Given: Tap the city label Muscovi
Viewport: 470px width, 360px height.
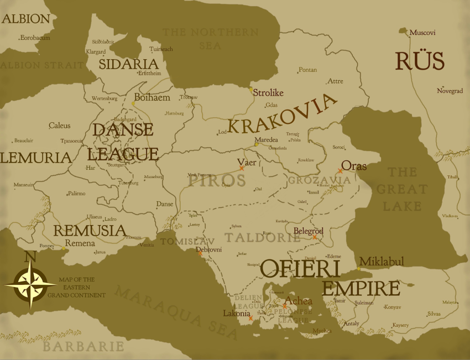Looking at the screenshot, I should [422, 33].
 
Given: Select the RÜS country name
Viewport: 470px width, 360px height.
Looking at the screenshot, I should [420, 61].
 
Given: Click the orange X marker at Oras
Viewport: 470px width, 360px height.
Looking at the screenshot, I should [340, 171].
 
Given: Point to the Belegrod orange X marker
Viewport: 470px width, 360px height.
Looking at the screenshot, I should [315, 237].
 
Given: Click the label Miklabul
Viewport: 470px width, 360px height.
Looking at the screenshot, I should [382, 261].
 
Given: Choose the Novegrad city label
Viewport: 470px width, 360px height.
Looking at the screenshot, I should [450, 91].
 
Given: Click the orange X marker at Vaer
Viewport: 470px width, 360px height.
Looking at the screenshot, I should [241, 169].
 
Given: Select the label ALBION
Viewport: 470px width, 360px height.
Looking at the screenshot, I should [26, 19].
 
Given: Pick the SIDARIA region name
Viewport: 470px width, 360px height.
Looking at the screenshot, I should [128, 64].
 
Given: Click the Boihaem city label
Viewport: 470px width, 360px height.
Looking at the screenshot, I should [152, 97].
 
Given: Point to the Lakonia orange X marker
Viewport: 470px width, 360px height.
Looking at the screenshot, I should [250, 318].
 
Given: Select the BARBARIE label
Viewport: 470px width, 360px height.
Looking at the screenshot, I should [83, 347].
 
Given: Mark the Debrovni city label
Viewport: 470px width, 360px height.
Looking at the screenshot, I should [210, 250].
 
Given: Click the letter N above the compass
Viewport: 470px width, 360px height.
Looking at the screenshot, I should [30, 257].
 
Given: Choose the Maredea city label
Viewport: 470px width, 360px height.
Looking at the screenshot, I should [266, 140].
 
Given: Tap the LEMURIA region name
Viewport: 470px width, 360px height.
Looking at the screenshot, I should [36, 158].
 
